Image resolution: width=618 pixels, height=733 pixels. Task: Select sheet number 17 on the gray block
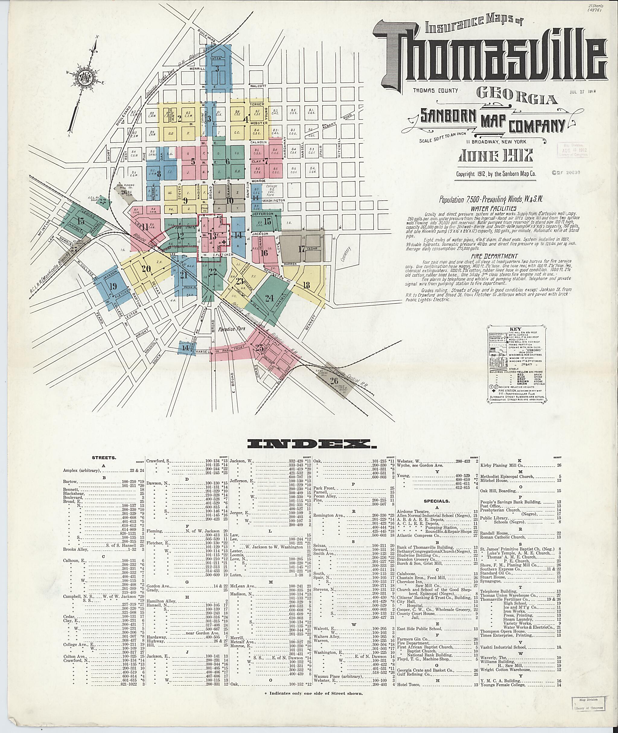301,249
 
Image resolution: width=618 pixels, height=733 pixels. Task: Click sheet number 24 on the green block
269,298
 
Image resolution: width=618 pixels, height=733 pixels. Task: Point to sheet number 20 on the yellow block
146,269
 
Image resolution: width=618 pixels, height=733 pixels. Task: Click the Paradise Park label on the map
231,329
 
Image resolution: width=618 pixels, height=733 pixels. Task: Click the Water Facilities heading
491,208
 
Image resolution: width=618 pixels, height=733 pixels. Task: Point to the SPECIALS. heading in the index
437,501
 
